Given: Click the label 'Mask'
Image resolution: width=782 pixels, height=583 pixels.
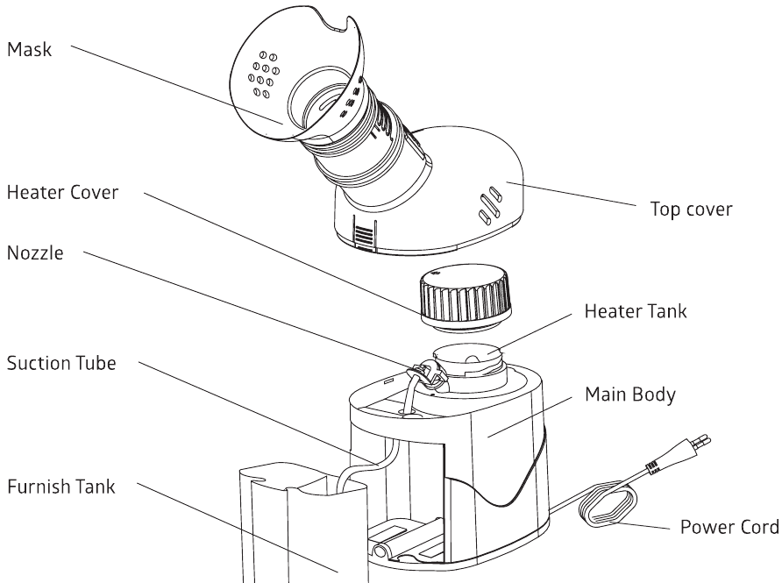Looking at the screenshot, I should [30, 51].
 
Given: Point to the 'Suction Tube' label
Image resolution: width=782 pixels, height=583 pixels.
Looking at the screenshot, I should [61, 362].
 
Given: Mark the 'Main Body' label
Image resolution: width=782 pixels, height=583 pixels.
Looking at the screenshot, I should [629, 395].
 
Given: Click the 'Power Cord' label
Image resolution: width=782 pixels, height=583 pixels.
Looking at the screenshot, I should [729, 528].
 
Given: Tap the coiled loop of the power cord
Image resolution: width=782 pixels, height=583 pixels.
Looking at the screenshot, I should [608, 511].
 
